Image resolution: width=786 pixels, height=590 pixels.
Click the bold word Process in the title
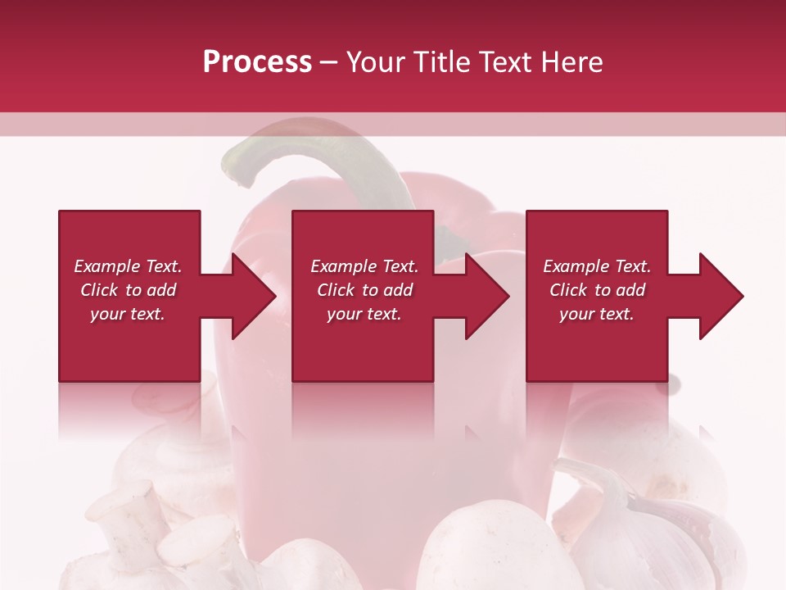(257, 62)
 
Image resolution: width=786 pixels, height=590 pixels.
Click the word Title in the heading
(440, 62)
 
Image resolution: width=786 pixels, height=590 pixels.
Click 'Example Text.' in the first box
(128, 266)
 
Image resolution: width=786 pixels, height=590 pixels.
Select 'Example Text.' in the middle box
(364, 266)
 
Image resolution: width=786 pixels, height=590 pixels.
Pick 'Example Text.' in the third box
(597, 266)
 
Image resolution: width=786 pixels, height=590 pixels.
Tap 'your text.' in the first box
(128, 314)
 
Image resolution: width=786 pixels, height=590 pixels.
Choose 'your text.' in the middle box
(364, 314)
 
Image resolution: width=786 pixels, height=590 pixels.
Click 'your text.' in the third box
(597, 314)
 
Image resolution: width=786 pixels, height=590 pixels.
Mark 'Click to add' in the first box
(128, 290)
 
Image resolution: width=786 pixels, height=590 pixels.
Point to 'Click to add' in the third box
(597, 290)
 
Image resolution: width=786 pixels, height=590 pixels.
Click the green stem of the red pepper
(327, 156)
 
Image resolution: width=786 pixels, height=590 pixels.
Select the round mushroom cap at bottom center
(483, 549)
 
